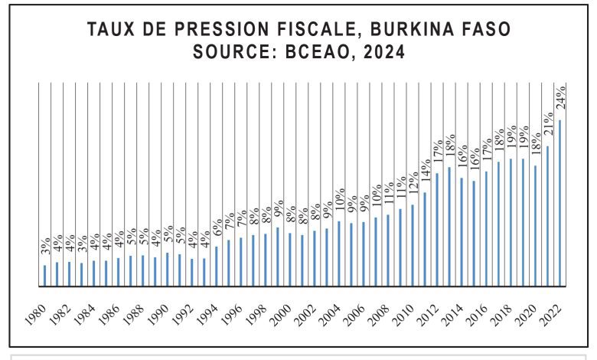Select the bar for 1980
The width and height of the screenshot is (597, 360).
[x=45, y=276]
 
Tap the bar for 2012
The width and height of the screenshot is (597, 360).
[x=437, y=230]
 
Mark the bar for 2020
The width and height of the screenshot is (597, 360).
[x=535, y=226]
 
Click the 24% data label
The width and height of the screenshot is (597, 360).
[x=559, y=97]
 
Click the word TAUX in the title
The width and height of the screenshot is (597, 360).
[x=112, y=31]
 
